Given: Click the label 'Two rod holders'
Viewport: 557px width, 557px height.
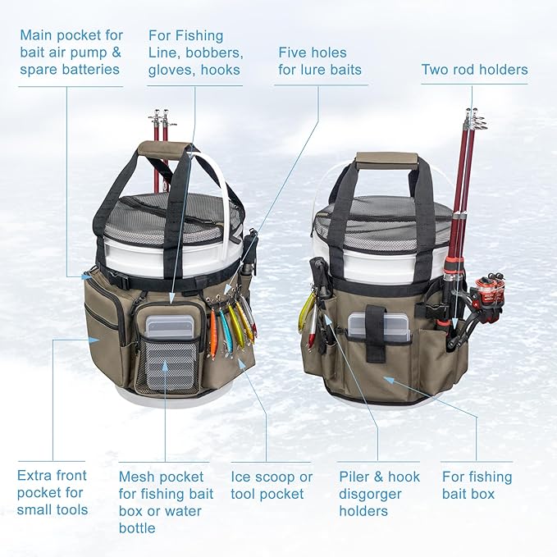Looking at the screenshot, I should pyautogui.click(x=474, y=70).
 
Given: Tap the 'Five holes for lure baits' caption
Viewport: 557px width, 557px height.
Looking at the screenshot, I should pyautogui.click(x=320, y=61).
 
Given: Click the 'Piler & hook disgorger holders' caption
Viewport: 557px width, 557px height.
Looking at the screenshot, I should pyautogui.click(x=379, y=494).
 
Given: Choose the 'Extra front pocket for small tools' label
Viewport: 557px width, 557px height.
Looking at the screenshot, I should pyautogui.click(x=53, y=492).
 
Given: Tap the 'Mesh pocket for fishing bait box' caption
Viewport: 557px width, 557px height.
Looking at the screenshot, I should pyautogui.click(x=167, y=502).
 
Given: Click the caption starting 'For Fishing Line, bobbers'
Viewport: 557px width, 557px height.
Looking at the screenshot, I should pyautogui.click(x=195, y=53).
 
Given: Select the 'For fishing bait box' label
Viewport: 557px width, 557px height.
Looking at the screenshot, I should pyautogui.click(x=477, y=485).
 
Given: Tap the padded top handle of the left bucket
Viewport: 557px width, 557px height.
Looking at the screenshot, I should pyautogui.click(x=162, y=148).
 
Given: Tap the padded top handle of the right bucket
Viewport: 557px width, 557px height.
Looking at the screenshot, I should pyautogui.click(x=387, y=159).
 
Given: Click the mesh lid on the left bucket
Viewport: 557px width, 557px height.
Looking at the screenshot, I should pyautogui.click(x=176, y=215).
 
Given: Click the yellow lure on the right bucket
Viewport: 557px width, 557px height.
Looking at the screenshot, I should pyautogui.click(x=307, y=308).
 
